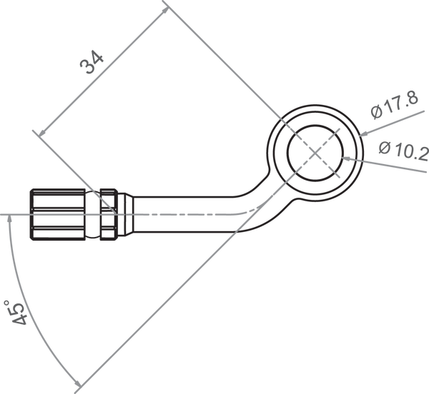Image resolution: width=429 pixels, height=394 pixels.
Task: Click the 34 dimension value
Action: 92,62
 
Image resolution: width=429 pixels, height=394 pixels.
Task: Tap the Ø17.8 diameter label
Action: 395,106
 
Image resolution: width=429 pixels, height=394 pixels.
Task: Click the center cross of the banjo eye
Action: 315,153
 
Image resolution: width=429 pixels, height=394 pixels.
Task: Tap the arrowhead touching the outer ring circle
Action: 364,133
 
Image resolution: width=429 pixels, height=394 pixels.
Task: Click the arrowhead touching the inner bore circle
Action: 347,158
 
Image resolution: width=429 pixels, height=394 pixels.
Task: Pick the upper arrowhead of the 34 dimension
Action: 165,11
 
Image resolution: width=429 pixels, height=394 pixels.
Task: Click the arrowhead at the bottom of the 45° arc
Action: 77,383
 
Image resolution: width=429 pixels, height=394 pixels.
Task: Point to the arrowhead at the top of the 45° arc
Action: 10,219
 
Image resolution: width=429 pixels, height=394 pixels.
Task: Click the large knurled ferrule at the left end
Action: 57,215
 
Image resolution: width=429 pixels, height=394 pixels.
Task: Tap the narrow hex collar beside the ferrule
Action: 109,215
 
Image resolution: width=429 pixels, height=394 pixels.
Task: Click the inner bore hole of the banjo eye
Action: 315,153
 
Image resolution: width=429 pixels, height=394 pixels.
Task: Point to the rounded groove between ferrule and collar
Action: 92,215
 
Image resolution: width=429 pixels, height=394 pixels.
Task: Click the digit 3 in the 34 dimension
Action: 87,67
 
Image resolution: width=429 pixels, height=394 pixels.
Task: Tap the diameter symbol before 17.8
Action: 377,112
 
